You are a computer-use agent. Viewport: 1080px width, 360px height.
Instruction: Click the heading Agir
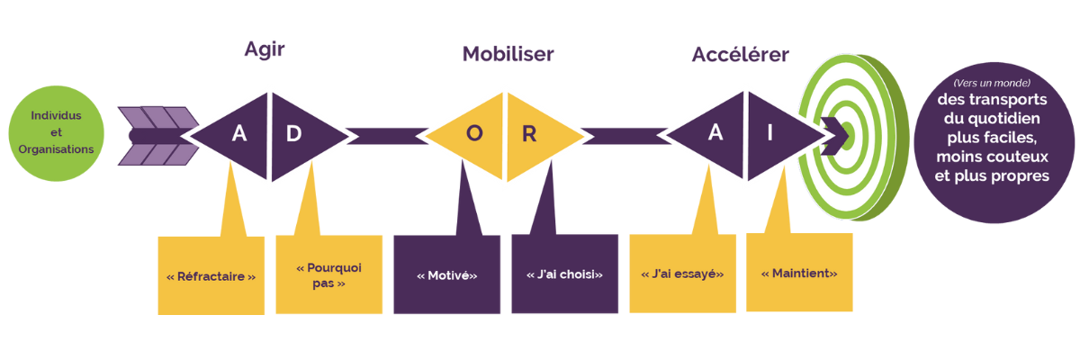click(265, 49)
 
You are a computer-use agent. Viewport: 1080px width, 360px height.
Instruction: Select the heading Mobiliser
click(508, 54)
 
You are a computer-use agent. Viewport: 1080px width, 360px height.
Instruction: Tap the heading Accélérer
click(740, 54)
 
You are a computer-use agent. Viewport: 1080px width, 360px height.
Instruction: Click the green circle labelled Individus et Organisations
click(56, 133)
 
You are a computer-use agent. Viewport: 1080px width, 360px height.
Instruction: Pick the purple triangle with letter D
click(301, 134)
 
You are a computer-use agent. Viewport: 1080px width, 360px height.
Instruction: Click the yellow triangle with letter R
click(535, 134)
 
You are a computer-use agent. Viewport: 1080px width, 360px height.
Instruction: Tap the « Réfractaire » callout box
click(211, 276)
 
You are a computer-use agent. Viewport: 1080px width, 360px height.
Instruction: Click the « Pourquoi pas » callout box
click(329, 274)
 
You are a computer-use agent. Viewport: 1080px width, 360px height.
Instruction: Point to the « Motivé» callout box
click(446, 275)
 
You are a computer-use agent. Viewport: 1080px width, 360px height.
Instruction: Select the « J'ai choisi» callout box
click(564, 274)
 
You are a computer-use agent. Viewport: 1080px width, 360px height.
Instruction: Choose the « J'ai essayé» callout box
click(682, 274)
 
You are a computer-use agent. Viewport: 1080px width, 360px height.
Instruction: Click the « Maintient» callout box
click(799, 273)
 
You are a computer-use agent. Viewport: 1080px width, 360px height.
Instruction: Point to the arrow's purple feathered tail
click(157, 135)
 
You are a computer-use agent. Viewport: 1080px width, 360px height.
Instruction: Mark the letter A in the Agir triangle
click(239, 134)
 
